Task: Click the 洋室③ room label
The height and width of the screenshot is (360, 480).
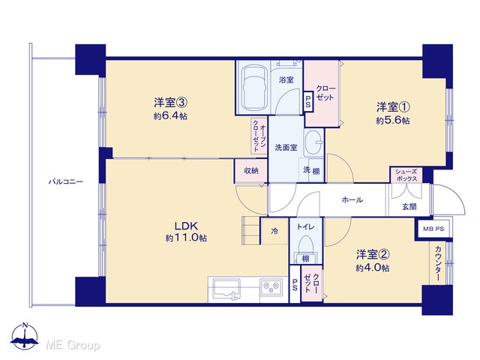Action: [170, 102]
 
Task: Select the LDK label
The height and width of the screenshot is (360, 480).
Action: [186, 226]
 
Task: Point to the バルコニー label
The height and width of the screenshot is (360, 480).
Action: [66, 181]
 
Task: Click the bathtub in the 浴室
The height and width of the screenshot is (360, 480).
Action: [253, 87]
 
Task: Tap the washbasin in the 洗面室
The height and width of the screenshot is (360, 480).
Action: [313, 142]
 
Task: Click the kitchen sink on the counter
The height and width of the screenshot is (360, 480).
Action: [226, 289]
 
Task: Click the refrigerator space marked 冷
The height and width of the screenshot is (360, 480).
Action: [274, 231]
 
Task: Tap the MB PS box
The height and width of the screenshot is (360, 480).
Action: [433, 229]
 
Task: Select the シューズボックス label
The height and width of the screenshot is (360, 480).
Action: [406, 175]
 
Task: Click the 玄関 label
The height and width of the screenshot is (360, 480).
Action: [409, 207]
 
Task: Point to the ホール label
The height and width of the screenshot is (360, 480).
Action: [352, 200]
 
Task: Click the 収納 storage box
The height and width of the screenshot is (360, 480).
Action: [251, 171]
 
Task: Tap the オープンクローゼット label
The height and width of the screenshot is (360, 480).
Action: [259, 136]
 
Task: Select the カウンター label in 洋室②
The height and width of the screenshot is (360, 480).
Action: [438, 263]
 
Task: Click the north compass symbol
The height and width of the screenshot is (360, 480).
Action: [25, 336]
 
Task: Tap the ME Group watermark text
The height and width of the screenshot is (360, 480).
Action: [73, 345]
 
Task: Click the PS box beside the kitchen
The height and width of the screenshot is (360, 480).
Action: [295, 283]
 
